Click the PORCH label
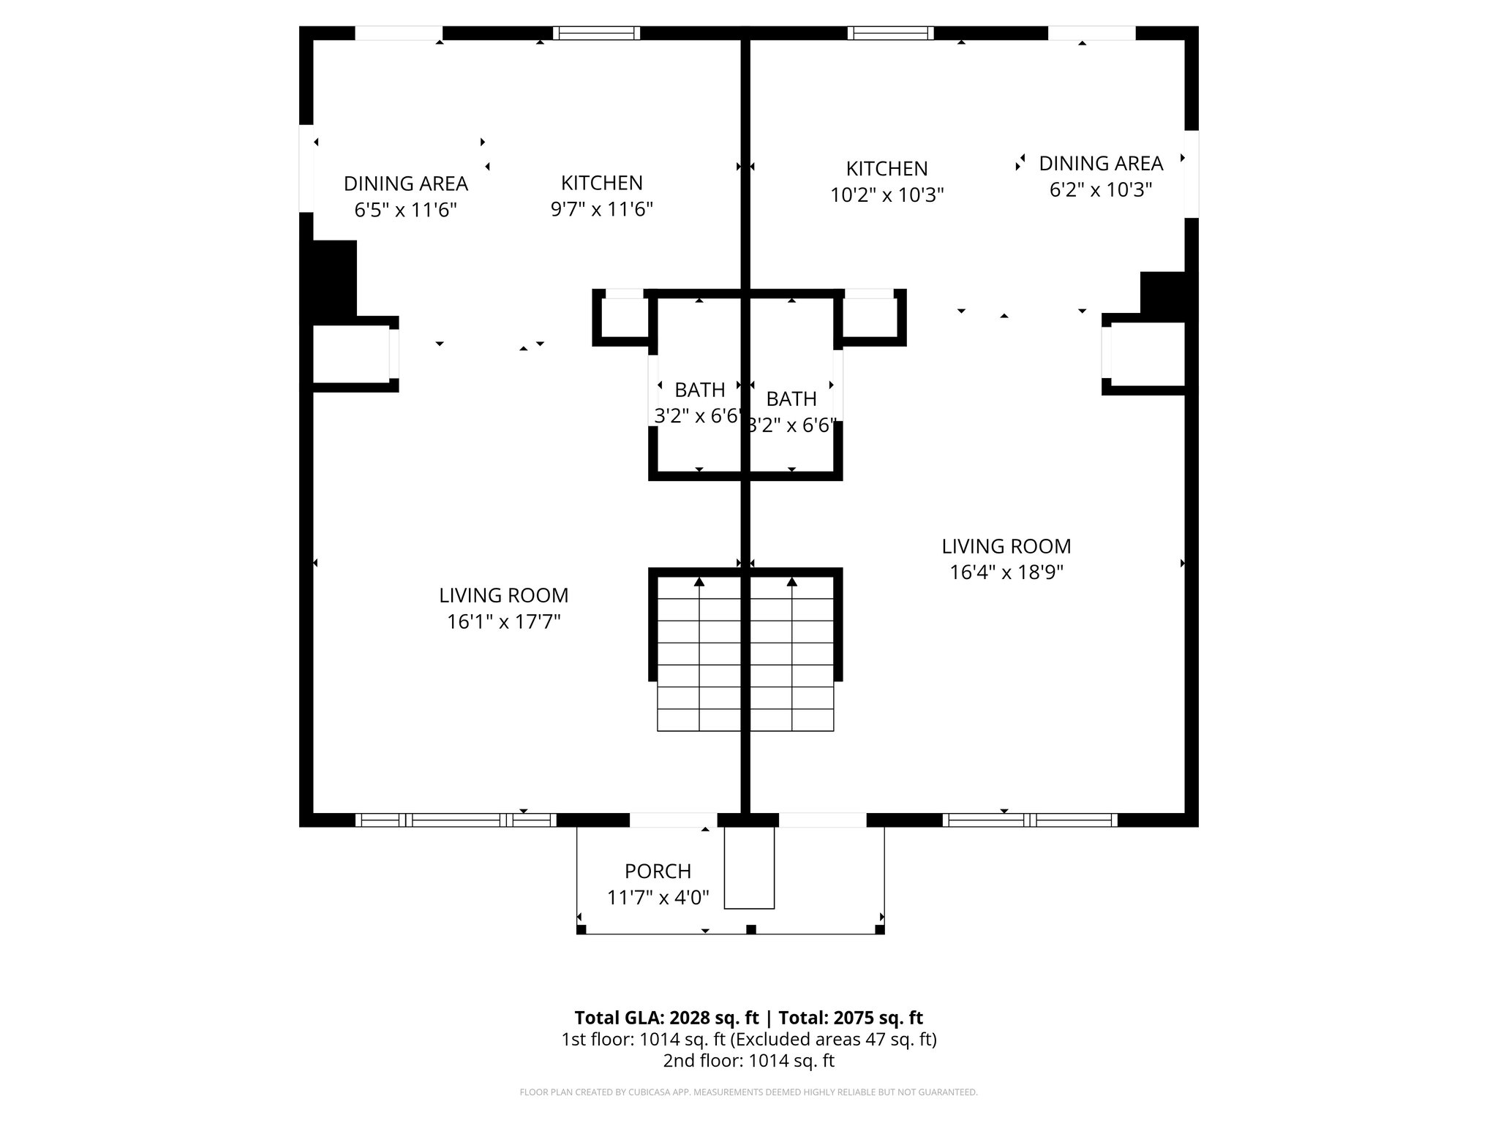658,871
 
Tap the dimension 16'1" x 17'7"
504,622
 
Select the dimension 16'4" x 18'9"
1006,572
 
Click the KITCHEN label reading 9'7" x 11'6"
601,183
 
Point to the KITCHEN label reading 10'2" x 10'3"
887,169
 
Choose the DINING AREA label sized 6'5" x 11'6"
406,184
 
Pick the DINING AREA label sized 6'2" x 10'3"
1101,163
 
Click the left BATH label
699,390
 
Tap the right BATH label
791,399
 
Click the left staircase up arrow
699,583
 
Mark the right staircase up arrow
791,583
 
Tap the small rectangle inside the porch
749,868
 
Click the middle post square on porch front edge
750,929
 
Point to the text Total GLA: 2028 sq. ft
667,1018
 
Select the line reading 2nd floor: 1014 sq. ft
748,1061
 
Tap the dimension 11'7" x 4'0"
658,898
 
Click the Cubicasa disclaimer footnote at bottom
748,1092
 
